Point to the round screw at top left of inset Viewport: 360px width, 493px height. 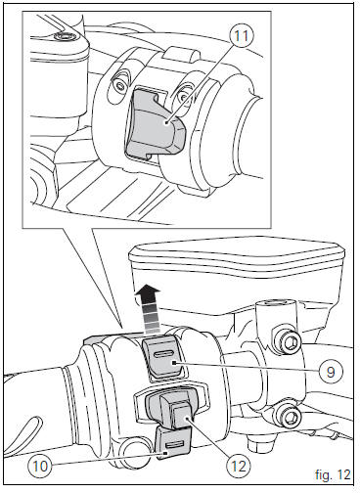point(64,37)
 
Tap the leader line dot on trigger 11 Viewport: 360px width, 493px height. point(168,123)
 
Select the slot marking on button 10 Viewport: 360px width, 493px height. point(172,443)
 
